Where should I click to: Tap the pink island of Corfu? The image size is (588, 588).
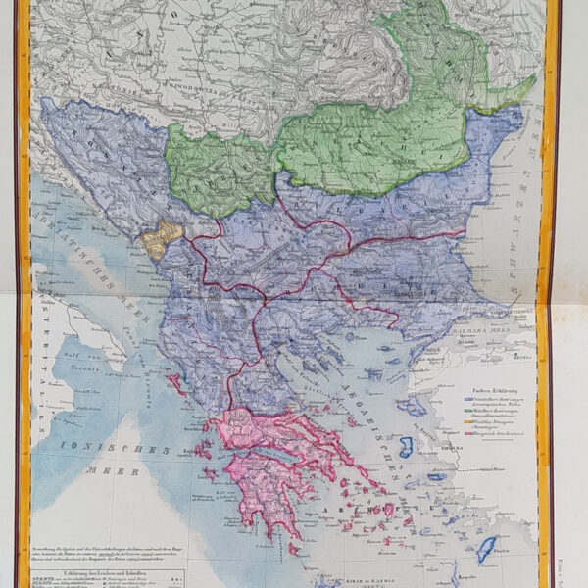tap(177, 381)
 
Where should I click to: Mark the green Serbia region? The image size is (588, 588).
tap(220, 167)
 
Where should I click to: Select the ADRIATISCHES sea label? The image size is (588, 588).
tap(83, 260)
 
